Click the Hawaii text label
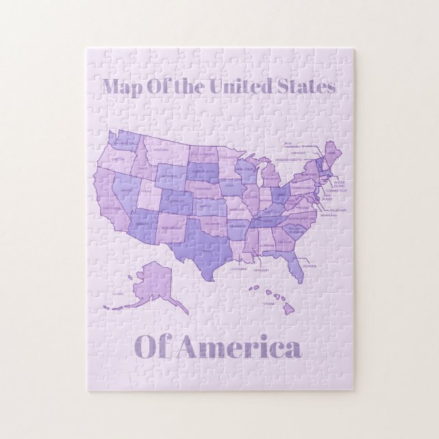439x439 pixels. (x=269, y=303)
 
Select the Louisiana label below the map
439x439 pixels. (x=238, y=269)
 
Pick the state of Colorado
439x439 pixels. (x=177, y=202)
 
